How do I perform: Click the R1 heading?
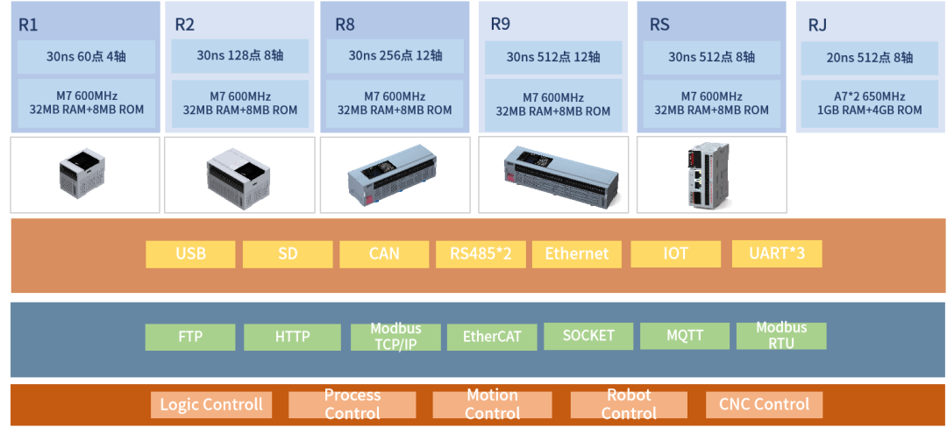point(29,24)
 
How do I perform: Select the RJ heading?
point(817,25)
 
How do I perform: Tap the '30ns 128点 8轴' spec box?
point(239,56)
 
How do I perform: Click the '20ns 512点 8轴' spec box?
point(869,58)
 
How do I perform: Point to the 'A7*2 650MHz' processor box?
point(869,103)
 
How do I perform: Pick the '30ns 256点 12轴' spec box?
point(395,56)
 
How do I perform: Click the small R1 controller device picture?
point(84,174)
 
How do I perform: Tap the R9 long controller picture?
point(552,174)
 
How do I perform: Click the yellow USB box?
point(190,254)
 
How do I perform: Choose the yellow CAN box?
point(383,254)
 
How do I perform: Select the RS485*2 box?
point(481,254)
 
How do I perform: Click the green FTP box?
point(190,337)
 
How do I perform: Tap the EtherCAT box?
point(492,337)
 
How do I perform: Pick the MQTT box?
point(685,336)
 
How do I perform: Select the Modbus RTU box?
point(780,336)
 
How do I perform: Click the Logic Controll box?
point(210,404)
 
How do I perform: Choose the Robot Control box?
point(628,404)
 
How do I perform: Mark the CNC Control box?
point(764,404)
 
